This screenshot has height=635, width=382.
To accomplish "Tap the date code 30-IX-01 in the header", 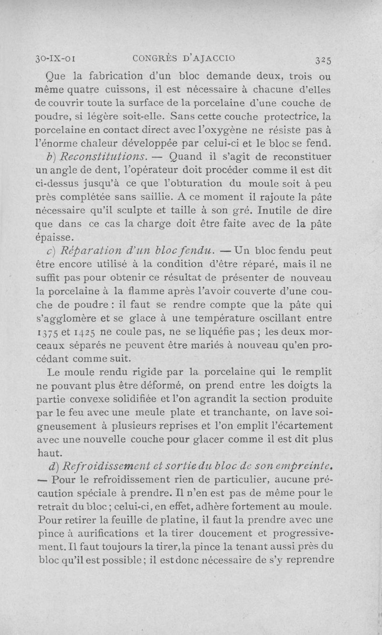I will click(57, 59).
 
